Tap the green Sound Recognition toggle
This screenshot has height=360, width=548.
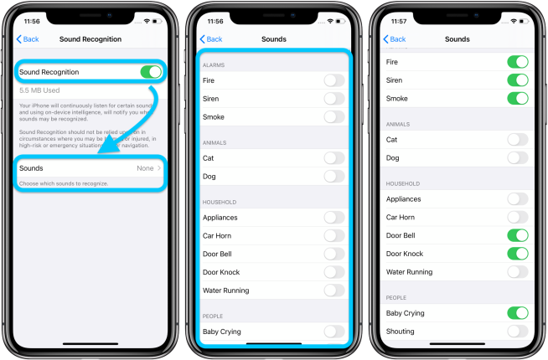151,72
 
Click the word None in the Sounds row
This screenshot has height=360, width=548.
145,168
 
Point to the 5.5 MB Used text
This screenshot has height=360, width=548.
39,90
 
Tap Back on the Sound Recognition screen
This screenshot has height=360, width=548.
28,39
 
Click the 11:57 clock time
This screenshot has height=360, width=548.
393,19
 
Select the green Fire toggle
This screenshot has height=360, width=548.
518,62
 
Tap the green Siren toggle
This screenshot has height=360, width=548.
518,80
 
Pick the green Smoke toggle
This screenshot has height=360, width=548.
518,99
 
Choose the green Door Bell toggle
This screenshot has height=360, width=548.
518,235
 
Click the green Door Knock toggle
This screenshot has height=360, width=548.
518,254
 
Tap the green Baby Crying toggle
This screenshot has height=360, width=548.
518,313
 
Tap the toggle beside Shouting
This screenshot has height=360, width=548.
518,332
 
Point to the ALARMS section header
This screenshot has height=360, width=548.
214,64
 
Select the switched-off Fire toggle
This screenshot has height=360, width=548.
334,80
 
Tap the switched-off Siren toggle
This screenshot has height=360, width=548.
334,98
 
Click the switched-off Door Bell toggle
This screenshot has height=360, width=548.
334,254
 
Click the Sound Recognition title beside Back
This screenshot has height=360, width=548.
90,39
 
